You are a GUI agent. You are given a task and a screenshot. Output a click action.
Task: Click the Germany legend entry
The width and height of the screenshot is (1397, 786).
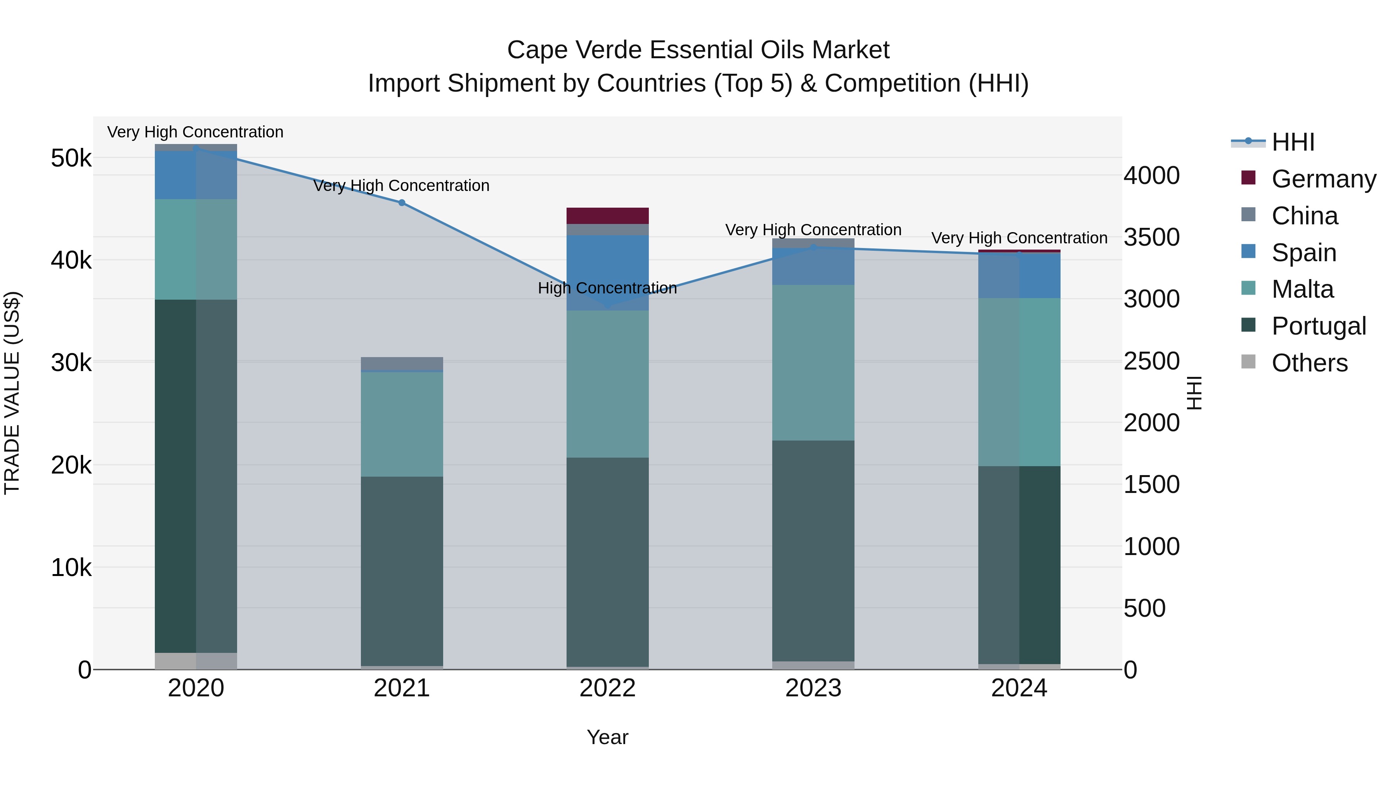[1323, 179]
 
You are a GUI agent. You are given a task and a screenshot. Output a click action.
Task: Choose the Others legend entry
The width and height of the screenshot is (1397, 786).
[1309, 363]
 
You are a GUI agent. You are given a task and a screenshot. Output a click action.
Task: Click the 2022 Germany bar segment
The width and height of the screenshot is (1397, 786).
[607, 216]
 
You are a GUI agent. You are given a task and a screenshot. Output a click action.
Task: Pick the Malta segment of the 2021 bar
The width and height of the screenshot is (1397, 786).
[402, 424]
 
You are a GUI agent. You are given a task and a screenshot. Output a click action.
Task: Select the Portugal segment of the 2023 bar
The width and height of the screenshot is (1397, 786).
[813, 550]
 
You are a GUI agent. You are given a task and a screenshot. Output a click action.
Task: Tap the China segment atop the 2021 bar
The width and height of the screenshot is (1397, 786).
[402, 363]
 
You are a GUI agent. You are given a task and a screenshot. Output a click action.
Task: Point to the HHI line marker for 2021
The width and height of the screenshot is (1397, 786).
[402, 203]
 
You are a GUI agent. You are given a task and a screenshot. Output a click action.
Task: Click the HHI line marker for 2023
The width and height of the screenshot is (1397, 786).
[813, 247]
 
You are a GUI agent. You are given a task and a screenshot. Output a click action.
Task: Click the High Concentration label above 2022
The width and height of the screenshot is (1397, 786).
[607, 288]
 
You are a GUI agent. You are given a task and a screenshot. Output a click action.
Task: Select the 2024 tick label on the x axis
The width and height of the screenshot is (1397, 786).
[1019, 688]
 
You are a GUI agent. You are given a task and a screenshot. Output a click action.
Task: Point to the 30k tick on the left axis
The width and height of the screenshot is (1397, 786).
[71, 363]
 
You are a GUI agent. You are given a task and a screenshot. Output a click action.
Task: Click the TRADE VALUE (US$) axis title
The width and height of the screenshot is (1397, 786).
[12, 393]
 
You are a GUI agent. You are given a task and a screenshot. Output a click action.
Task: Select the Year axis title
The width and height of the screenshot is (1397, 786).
[607, 737]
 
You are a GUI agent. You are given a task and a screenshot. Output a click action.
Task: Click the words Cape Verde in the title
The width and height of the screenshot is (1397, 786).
[575, 50]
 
